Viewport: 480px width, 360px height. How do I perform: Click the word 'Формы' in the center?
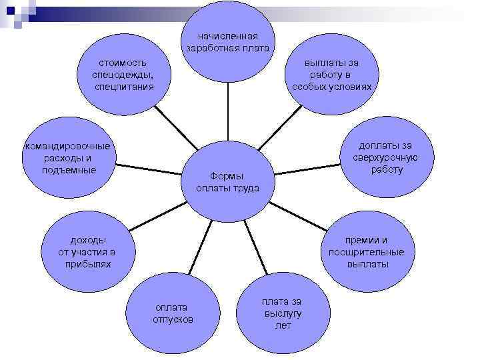tap(227, 176)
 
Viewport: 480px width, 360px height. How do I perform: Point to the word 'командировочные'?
tap(67, 147)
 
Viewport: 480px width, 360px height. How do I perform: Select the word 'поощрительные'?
tap(366, 252)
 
